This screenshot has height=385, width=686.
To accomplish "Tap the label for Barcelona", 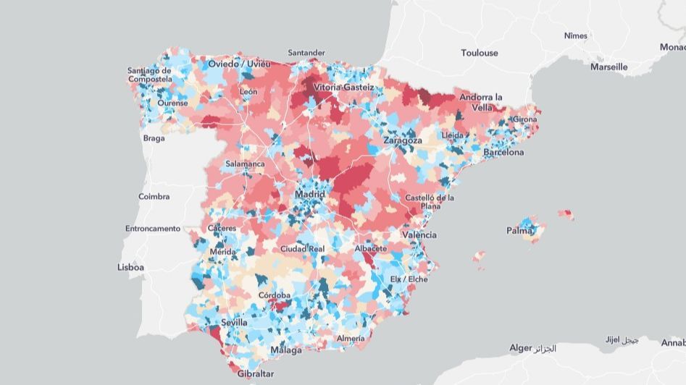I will click(x=503, y=153).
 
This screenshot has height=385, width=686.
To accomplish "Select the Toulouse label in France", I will click(x=480, y=53).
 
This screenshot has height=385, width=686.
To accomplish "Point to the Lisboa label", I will click(x=130, y=267).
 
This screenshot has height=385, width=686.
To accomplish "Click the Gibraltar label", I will click(x=255, y=373).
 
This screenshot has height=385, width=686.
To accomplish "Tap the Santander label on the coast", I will click(x=307, y=53).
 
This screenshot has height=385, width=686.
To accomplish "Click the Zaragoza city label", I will click(x=403, y=140).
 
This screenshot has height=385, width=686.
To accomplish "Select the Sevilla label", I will click(x=235, y=322).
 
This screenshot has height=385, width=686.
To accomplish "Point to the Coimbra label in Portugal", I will click(x=154, y=196).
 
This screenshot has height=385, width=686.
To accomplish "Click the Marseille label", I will click(x=608, y=67).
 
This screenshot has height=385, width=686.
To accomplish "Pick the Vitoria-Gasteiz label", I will click(x=343, y=88).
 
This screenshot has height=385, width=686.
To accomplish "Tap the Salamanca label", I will click(x=245, y=164).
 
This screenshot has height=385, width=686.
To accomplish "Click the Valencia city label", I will click(x=420, y=235).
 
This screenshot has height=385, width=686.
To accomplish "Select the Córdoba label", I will click(x=275, y=295).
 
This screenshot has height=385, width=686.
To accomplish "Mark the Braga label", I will click(x=154, y=138).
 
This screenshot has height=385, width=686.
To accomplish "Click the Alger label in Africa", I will click(x=520, y=348).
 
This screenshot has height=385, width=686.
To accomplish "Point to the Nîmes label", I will click(x=577, y=35).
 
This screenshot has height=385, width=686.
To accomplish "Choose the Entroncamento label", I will click(x=152, y=229).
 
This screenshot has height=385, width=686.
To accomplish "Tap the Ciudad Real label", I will click(x=302, y=248).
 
